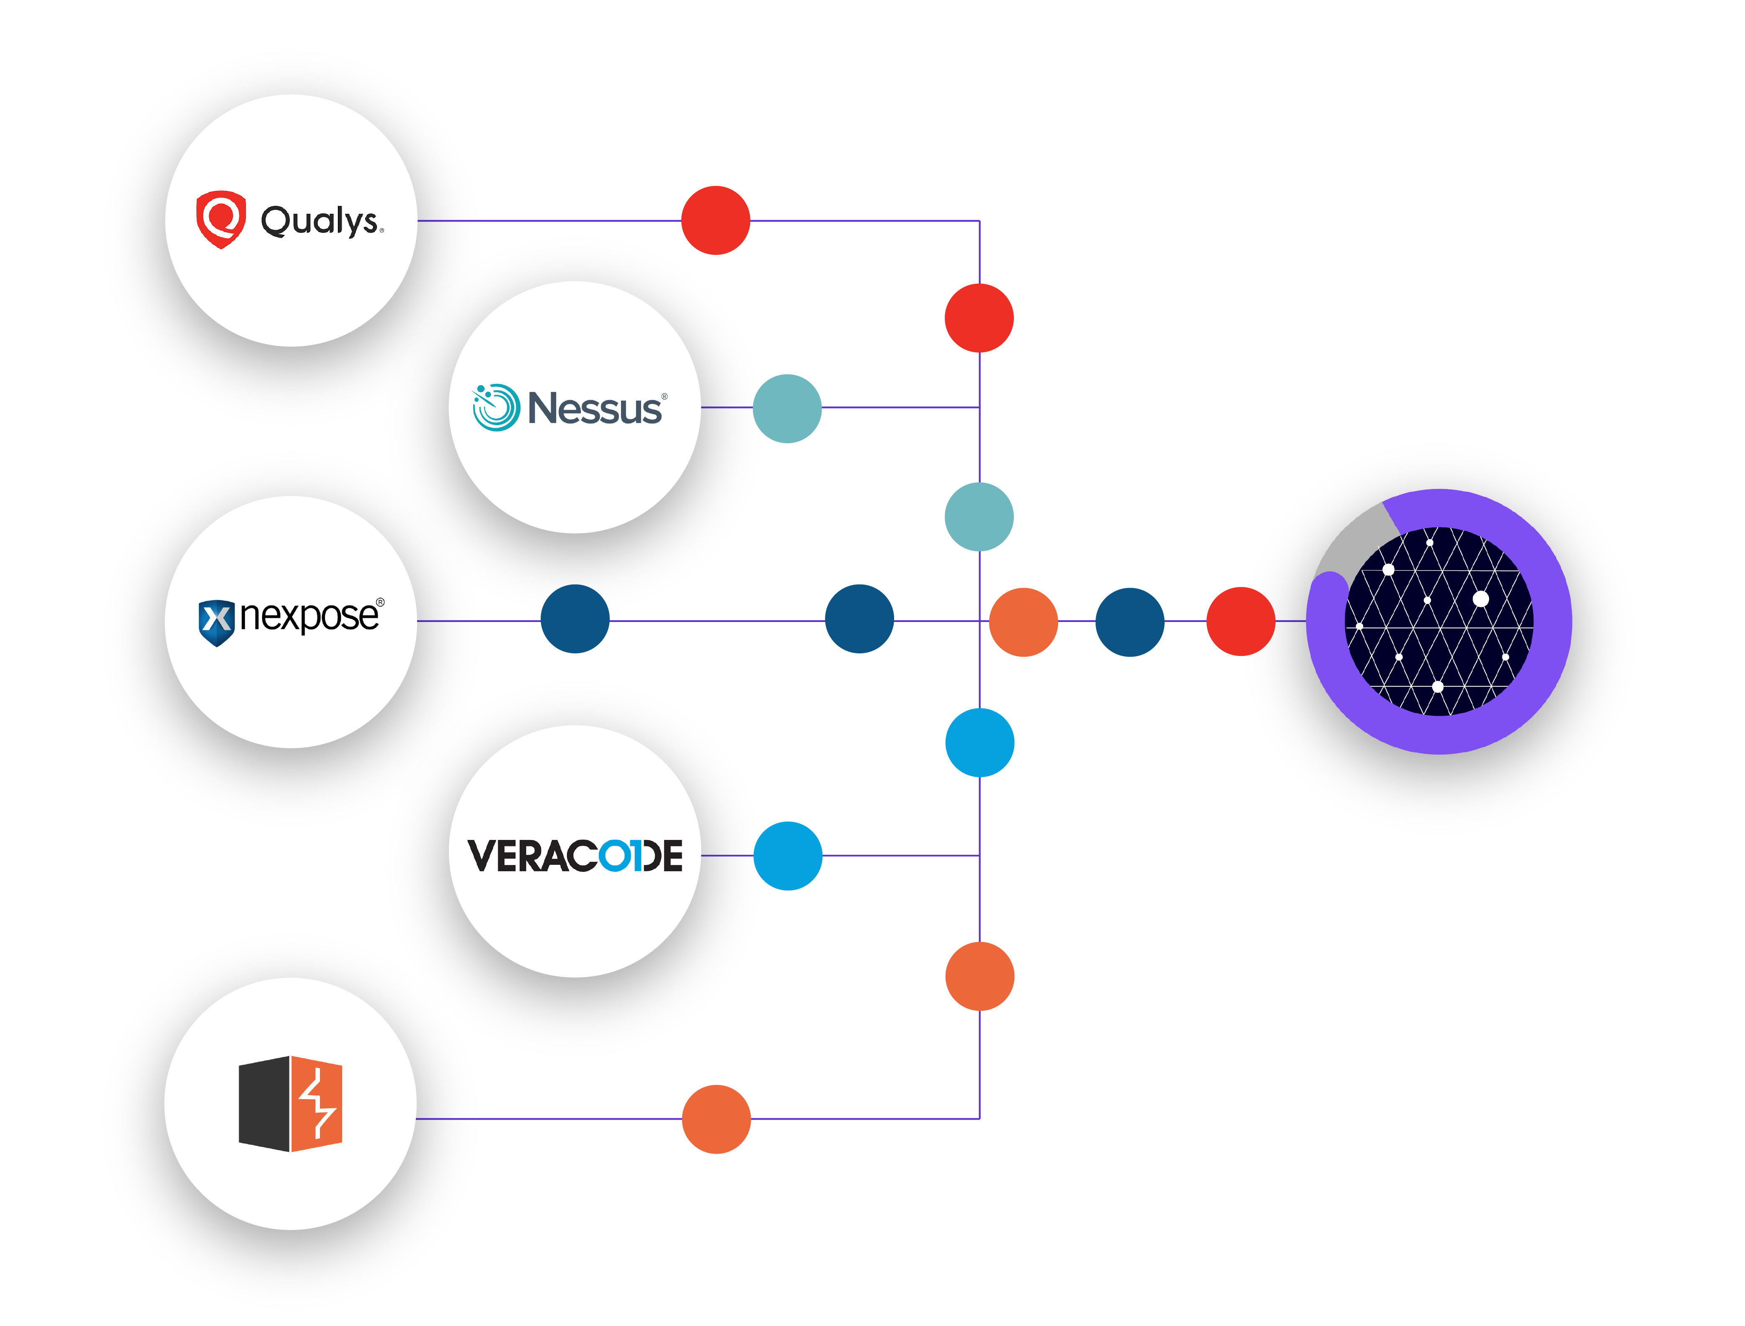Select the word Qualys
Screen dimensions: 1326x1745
(x=320, y=221)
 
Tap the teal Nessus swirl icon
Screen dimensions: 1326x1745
(x=496, y=407)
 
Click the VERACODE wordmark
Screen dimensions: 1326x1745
(x=575, y=856)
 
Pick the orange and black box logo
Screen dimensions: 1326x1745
(x=291, y=1103)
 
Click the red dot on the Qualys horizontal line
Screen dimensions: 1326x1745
(x=715, y=220)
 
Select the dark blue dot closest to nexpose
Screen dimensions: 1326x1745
(x=575, y=619)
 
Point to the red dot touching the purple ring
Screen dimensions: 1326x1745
(x=1240, y=621)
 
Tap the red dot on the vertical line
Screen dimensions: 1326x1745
(x=979, y=318)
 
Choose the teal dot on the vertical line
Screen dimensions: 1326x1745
(x=979, y=517)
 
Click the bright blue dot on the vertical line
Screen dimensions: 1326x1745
(x=980, y=743)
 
